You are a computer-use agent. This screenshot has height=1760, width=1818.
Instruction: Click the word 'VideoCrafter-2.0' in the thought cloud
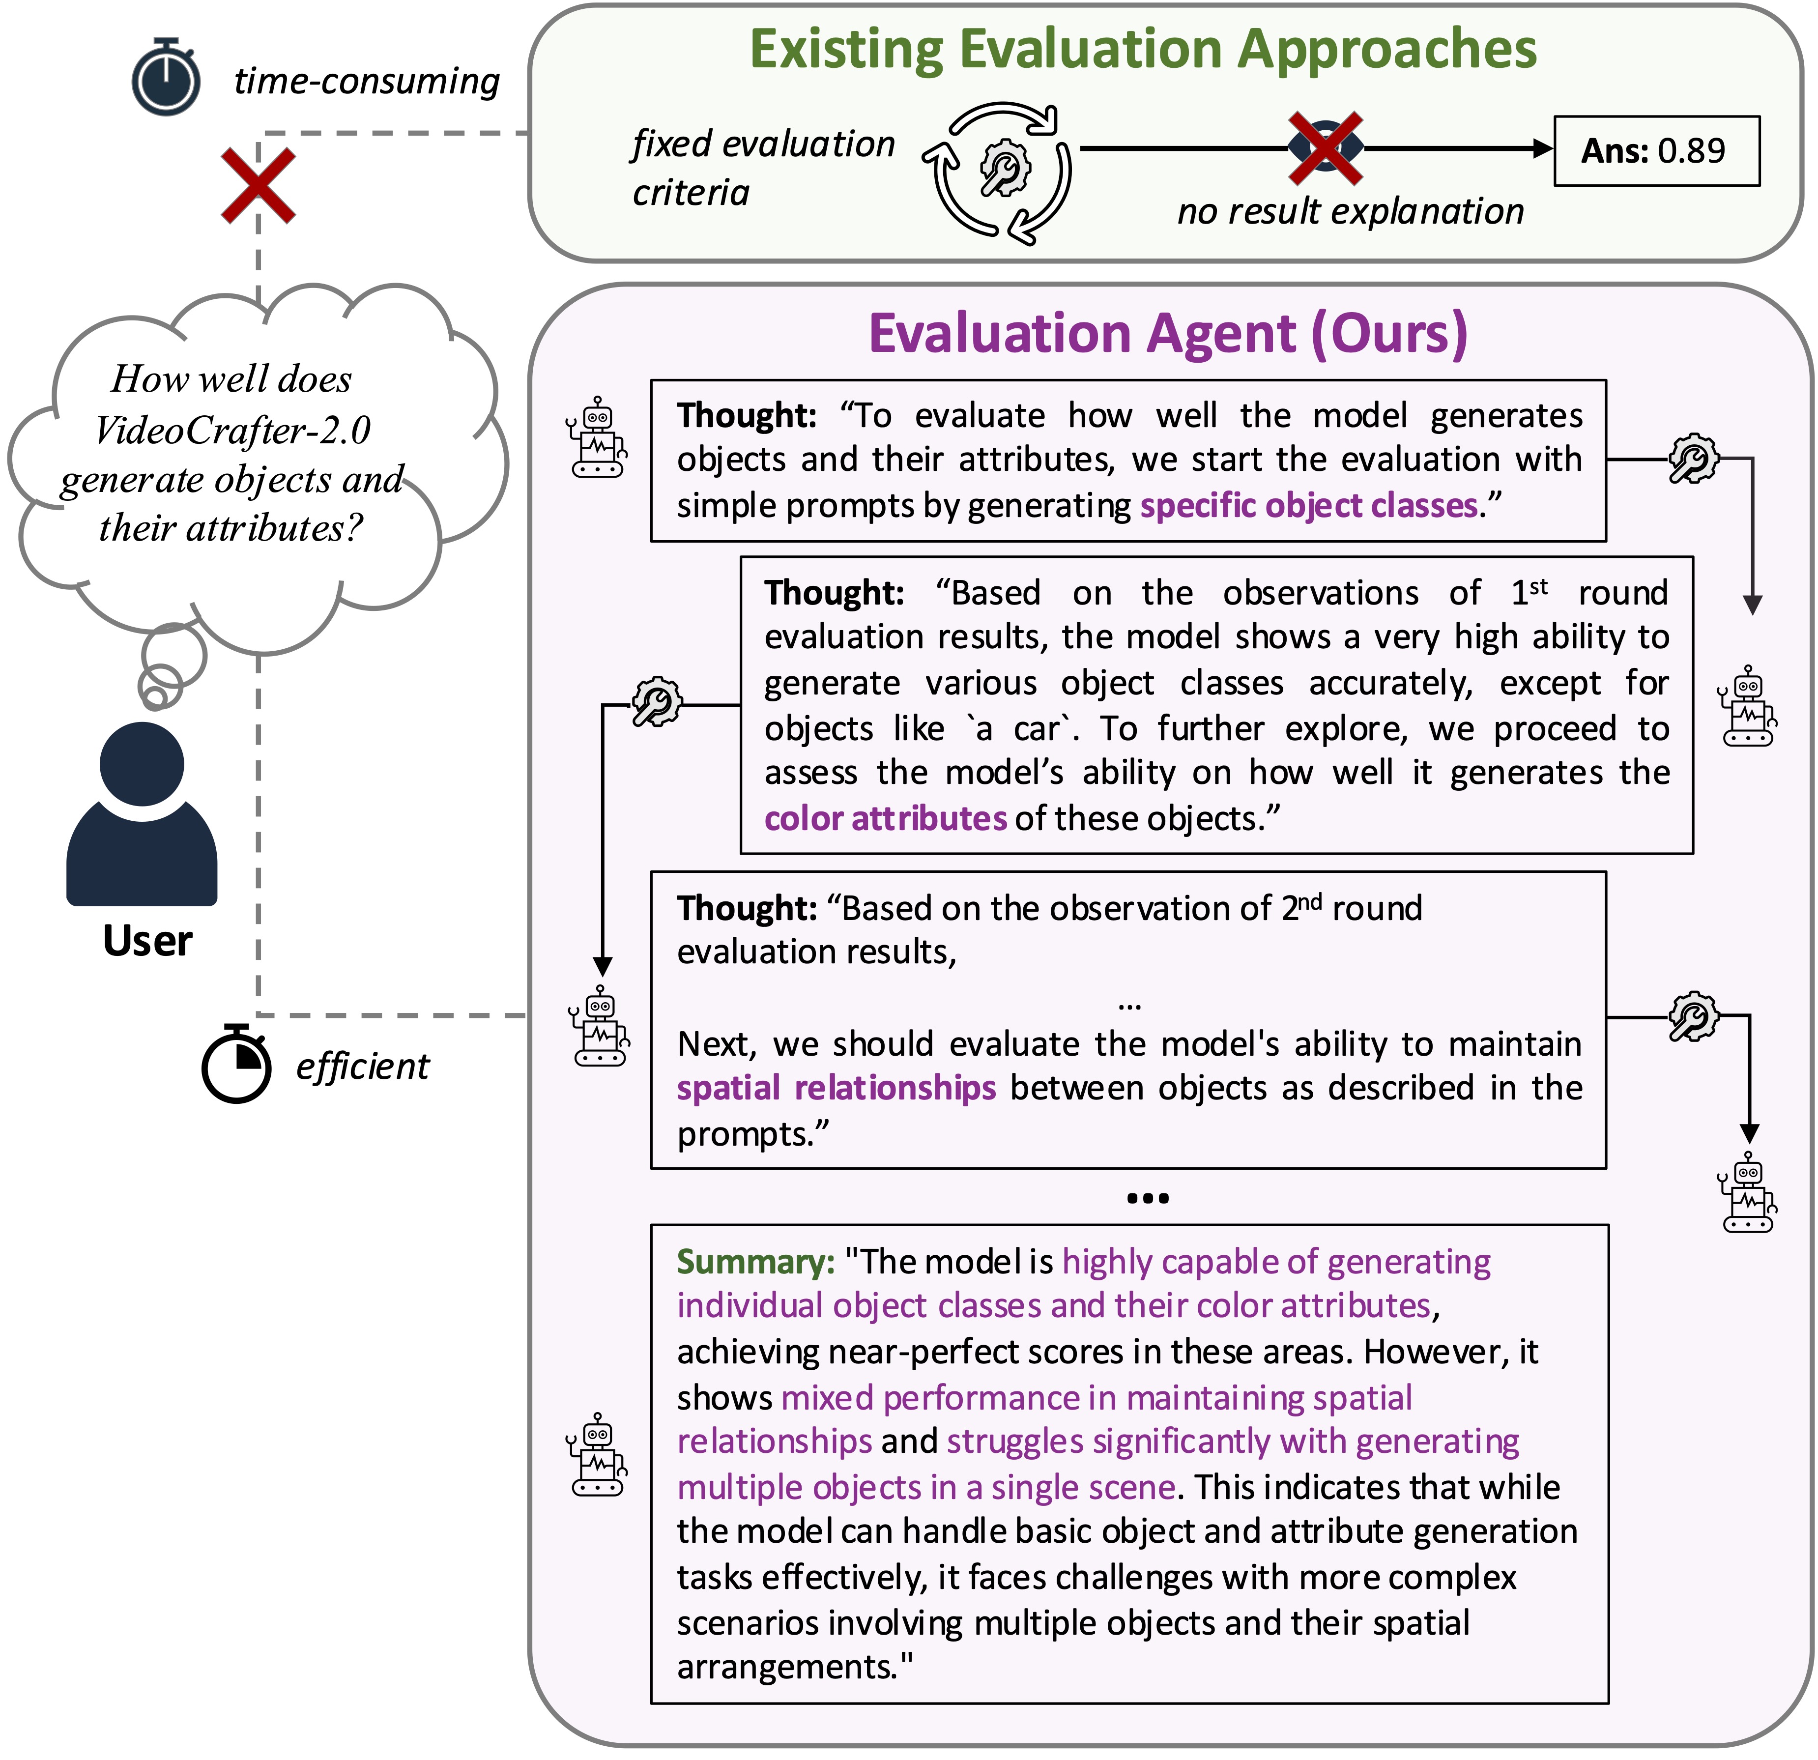[233, 430]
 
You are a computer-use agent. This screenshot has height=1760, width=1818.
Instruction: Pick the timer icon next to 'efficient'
[236, 1065]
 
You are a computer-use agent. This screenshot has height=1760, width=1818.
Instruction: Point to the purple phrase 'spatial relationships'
[836, 1087]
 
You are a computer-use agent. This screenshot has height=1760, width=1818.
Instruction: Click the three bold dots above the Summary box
[1148, 1198]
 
